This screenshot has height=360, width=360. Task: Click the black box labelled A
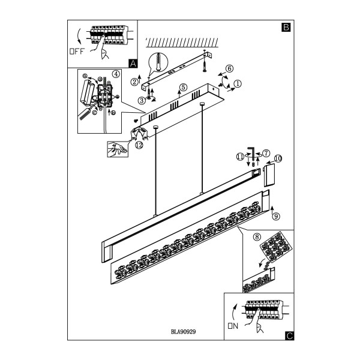coord(133,64)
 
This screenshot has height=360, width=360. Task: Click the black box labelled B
coord(286,27)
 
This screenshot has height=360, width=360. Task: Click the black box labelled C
coord(289,336)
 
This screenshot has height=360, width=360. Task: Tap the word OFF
coord(77,51)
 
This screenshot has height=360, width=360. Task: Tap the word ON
coord(233,326)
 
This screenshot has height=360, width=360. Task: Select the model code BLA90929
coord(183,332)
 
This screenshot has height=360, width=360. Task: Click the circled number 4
coord(116,74)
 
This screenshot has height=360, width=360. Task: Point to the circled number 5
coord(183,88)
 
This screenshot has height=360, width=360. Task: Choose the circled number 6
coord(229,68)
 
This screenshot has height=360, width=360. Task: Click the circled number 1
coord(238,83)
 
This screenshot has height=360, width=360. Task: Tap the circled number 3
coord(142,100)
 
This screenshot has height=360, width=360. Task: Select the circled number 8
coord(257,237)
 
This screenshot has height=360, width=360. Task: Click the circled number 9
coord(276,216)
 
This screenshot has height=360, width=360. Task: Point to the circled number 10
coord(278,158)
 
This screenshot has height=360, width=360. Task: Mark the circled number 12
coord(139,145)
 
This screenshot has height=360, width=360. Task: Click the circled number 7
coord(266,153)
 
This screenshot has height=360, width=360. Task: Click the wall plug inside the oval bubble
coord(158,62)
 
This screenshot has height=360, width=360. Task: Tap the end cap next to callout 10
coord(269,175)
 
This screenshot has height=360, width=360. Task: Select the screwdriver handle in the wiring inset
coord(85,113)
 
